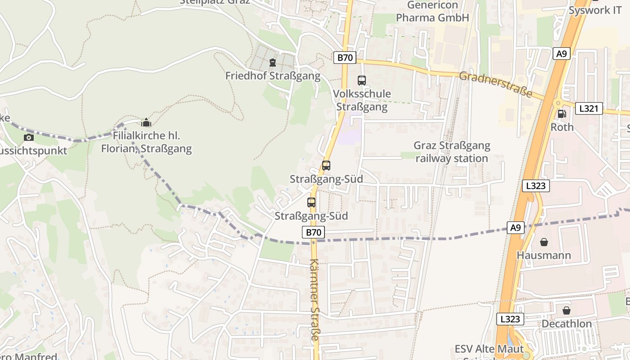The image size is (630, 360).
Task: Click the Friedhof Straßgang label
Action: point(273,76)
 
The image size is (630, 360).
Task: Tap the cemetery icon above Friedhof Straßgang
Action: point(272,62)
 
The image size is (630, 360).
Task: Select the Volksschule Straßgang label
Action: point(362,100)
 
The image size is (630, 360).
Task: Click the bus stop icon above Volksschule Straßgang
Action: point(361,81)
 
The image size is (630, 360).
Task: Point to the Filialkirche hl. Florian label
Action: point(146,142)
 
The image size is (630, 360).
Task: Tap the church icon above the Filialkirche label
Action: point(146,122)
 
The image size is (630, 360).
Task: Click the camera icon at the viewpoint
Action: point(29,137)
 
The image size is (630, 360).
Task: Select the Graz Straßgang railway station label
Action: point(452,152)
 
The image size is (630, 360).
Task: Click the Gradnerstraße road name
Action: point(495,85)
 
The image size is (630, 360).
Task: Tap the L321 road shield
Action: point(588,108)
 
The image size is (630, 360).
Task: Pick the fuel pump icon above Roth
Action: point(562,114)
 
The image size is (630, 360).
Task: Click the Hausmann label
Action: point(544,255)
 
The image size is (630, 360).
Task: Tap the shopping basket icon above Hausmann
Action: point(544,242)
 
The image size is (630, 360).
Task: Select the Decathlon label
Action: point(567,324)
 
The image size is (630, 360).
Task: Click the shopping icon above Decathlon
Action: point(566,310)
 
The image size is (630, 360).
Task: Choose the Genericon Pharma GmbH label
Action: point(432,12)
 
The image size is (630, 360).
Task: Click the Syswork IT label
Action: point(595,10)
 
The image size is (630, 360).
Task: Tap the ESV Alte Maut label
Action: point(489,349)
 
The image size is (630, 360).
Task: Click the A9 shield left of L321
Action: point(561,54)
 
